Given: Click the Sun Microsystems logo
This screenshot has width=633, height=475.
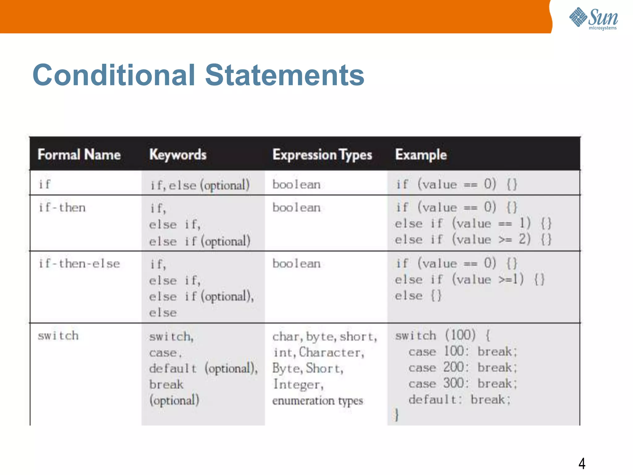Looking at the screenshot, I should point(593,18).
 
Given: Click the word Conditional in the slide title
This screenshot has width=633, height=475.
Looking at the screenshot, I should point(114,75).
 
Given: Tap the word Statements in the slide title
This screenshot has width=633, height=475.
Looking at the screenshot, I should point(285,75).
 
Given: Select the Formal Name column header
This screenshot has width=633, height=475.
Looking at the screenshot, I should point(79,154).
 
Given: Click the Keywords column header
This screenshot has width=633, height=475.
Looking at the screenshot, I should point(178,154).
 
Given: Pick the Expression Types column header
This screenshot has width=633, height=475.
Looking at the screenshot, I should point(322,155).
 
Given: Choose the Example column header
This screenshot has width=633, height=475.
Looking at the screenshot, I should point(421,154).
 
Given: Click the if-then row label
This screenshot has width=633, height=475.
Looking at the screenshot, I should point(62,207).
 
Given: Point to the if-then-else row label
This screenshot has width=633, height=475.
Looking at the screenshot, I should point(79,263).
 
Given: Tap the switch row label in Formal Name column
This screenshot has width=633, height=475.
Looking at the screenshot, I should point(58,336).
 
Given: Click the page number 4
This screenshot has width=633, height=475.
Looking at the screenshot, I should point(582,463).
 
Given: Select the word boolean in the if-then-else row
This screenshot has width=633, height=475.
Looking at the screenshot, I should point(296,263).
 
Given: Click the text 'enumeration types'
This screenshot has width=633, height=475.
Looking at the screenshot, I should point(317,400).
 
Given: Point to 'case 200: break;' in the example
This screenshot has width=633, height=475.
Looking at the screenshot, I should point(462,368).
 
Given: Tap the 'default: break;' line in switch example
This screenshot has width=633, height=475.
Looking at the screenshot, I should point(459,400).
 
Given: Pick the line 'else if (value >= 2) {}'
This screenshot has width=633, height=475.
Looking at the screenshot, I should point(473,239).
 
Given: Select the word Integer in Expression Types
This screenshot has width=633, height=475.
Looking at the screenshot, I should point(298,384).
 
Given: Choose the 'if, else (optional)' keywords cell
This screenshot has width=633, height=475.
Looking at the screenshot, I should point(200,185).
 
